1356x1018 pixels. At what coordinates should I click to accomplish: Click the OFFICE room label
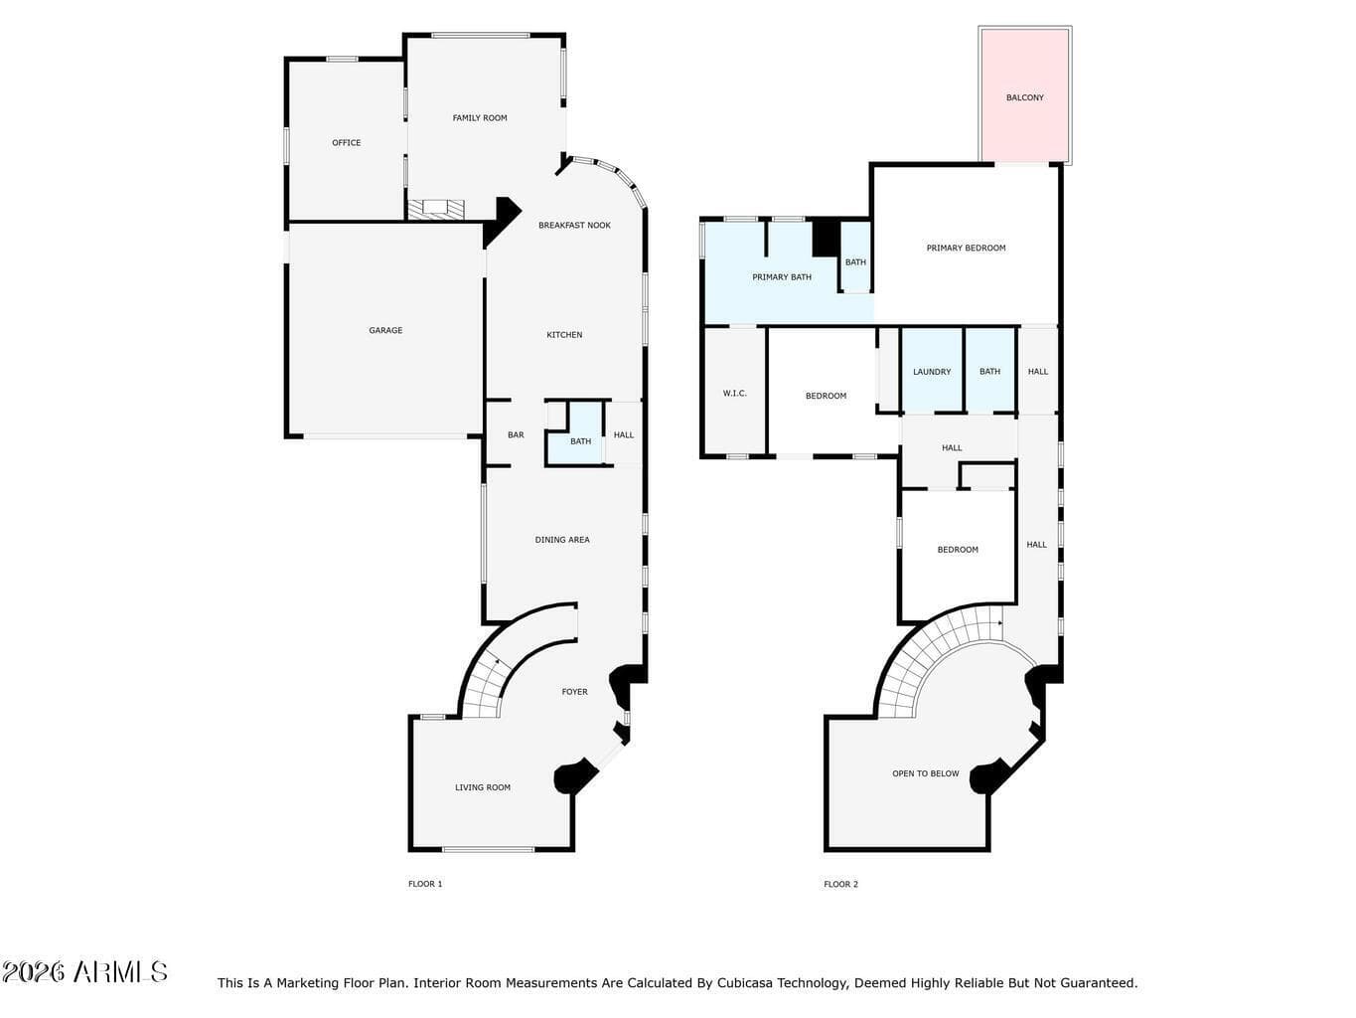point(346,143)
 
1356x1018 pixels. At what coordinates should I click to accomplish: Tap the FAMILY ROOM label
point(480,118)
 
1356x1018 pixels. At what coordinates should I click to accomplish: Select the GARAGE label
point(385,331)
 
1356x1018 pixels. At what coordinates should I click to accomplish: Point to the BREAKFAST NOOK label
point(574,226)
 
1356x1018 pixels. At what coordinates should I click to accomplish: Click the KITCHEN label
point(564,335)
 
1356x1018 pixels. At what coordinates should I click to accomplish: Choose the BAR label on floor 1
point(516,435)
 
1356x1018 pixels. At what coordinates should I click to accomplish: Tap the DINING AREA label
point(561,540)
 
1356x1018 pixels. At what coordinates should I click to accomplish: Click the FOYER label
point(574,692)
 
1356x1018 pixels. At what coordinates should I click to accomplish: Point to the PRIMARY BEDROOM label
point(966,249)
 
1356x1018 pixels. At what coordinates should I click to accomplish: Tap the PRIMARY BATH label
point(782,277)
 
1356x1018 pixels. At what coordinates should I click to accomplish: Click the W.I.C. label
point(734,394)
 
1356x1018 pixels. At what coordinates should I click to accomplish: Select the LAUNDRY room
point(932,371)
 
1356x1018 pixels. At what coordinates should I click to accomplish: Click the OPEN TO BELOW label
point(926,773)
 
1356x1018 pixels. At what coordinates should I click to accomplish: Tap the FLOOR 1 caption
point(425,885)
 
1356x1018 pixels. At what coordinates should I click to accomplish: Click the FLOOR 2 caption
point(840,885)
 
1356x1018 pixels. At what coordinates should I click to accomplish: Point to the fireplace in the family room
point(435,209)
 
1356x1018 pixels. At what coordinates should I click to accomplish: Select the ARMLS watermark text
point(120,972)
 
